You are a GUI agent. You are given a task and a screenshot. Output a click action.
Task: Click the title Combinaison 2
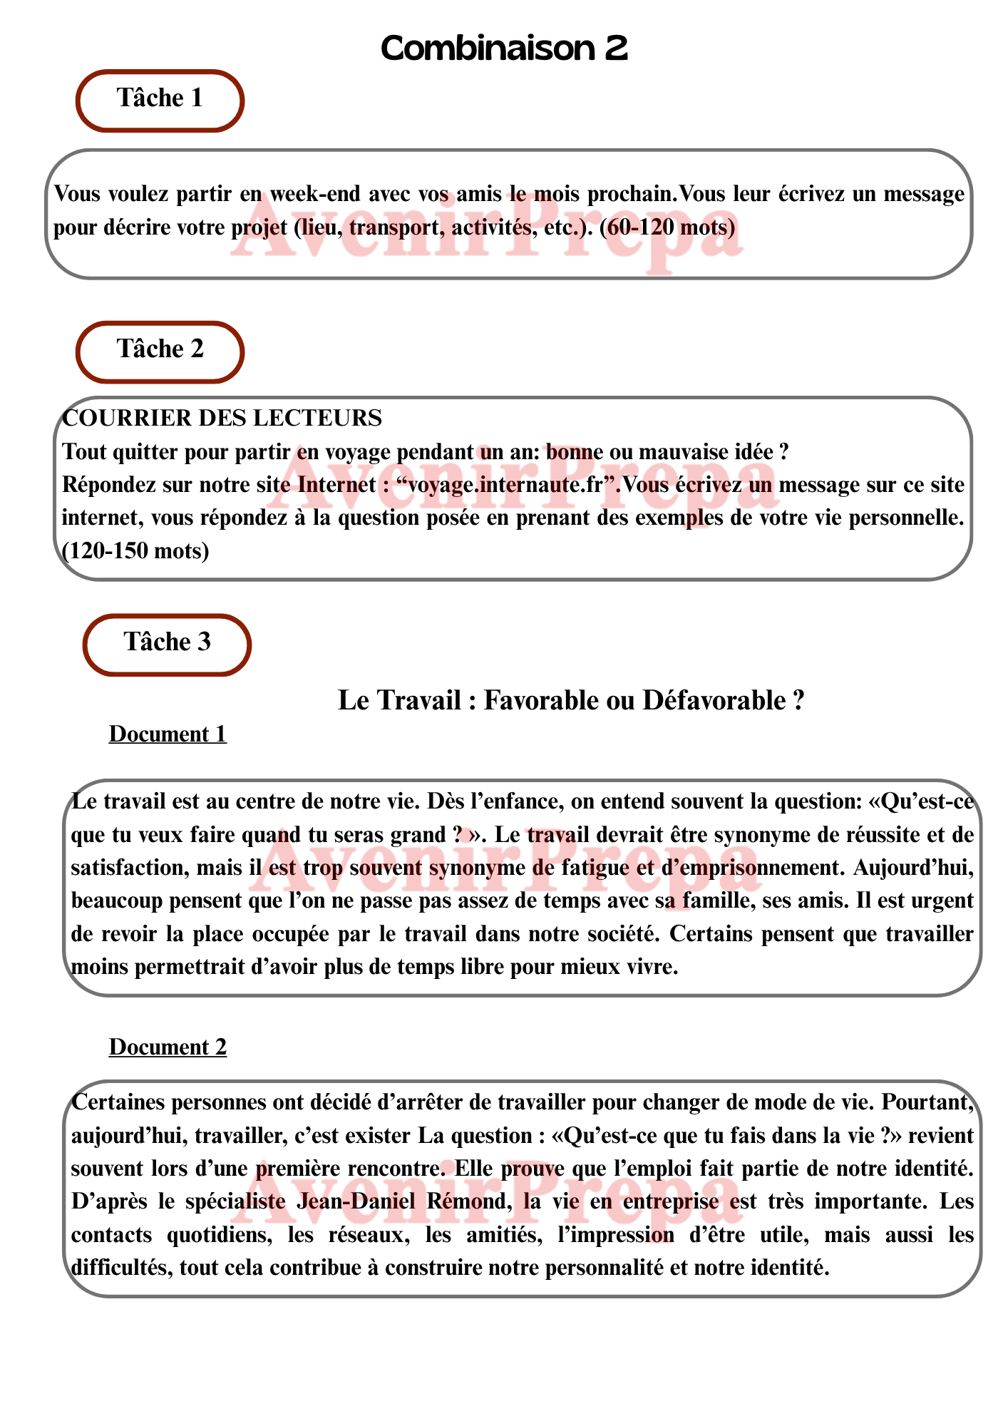point(504,48)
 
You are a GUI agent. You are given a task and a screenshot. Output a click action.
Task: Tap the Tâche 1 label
point(160,98)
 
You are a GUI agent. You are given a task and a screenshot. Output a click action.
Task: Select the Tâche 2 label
point(160,349)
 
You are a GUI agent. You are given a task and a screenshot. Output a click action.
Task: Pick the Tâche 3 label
point(168,642)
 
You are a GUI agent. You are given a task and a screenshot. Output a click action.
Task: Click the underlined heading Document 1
point(168,734)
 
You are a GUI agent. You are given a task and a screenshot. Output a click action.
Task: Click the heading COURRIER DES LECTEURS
point(222,418)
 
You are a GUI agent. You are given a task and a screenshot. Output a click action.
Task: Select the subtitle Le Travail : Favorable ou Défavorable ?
point(571,701)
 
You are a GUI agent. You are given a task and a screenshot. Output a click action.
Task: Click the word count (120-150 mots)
point(135,551)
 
